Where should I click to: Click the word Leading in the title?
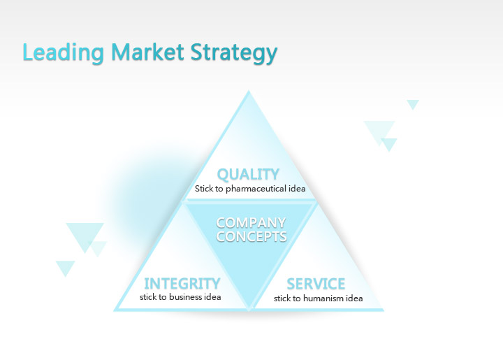point(63,52)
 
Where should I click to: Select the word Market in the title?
point(147,52)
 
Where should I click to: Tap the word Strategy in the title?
point(234,53)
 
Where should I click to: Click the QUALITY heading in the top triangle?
point(248,175)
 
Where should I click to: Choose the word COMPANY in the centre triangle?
point(251,222)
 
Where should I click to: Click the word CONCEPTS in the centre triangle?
point(251,236)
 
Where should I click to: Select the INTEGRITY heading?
point(182,284)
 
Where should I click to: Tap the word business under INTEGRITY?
point(186,297)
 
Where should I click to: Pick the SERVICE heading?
point(316,284)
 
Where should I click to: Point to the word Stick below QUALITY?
point(204,188)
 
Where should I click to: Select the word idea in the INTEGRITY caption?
point(212,297)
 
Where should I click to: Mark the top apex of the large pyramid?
point(249,90)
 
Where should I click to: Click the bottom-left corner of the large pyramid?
point(114,310)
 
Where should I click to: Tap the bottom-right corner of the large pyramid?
point(384,310)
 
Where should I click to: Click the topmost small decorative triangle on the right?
point(413,103)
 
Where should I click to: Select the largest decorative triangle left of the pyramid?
point(85,235)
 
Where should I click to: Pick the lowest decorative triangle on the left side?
point(66,266)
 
